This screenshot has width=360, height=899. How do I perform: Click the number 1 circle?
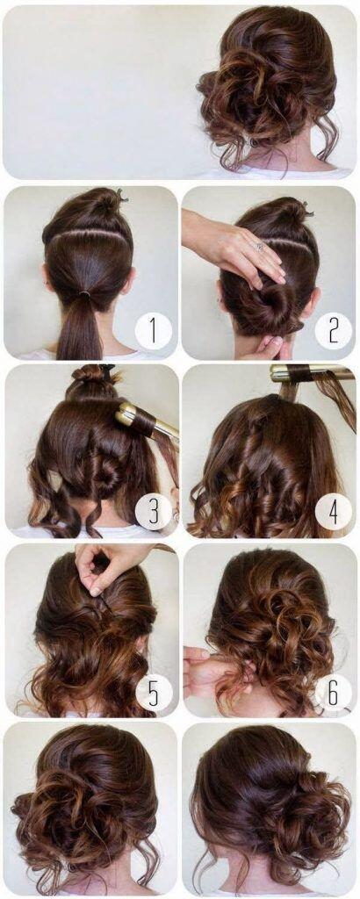(153, 331)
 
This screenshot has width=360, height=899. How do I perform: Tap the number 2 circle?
(332, 331)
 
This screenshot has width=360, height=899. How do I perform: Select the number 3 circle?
(153, 511)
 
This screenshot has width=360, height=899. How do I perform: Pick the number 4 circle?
(332, 511)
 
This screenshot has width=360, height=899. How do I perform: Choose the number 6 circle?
(332, 692)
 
